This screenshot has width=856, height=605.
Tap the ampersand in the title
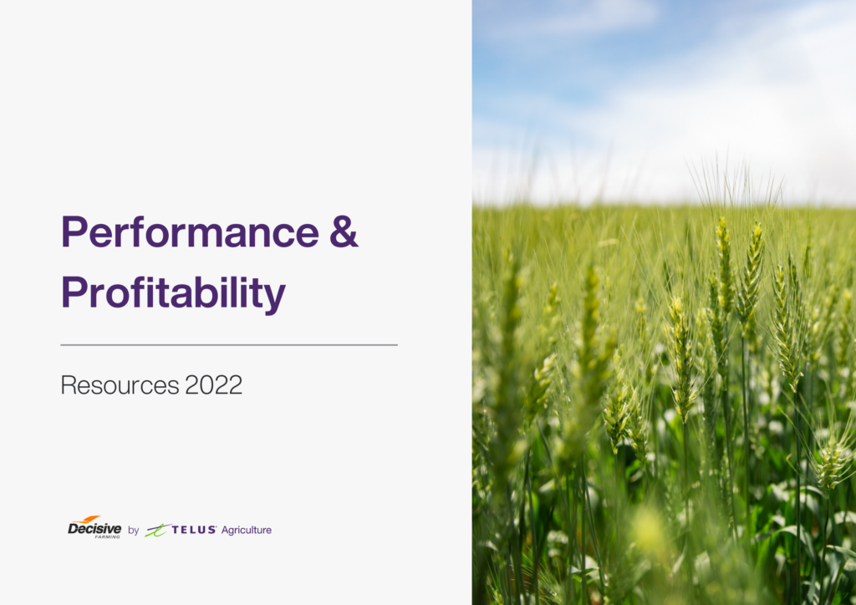(344, 231)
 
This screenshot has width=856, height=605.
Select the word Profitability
(173, 292)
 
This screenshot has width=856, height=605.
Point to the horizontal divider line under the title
(229, 344)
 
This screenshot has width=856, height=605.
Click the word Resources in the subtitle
(120, 385)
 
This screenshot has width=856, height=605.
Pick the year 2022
(214, 385)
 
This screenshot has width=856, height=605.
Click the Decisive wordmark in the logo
(94, 530)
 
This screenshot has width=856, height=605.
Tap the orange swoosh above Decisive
(87, 520)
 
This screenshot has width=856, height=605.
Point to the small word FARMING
(107, 536)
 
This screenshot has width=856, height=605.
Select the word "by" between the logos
(134, 531)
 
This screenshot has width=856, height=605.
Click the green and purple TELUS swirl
(156, 530)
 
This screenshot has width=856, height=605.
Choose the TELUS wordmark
(193, 530)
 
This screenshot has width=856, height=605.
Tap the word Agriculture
(247, 530)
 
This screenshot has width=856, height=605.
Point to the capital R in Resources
(68, 385)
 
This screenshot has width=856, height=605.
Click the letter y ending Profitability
(275, 297)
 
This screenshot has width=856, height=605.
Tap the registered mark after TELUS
(217, 526)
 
